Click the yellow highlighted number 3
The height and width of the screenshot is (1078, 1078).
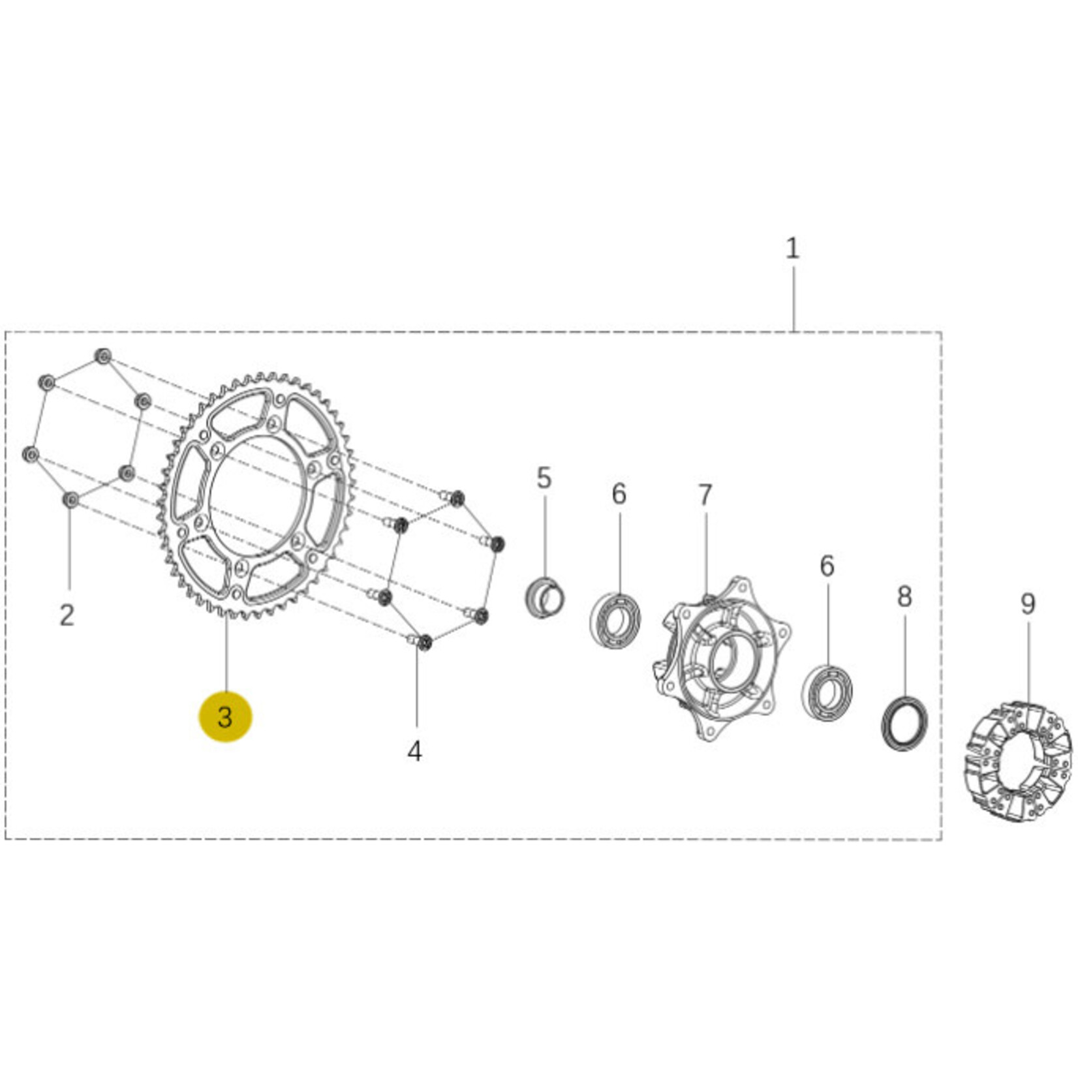click(224, 717)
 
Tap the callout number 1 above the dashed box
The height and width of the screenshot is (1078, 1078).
click(792, 248)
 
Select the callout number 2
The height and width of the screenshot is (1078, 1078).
click(67, 615)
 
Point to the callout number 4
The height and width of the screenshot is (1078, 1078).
click(414, 751)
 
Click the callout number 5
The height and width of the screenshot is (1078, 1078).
click(544, 478)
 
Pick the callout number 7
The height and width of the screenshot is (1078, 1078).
click(705, 496)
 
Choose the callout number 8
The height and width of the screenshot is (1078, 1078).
click(904, 596)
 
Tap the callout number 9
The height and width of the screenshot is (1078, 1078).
click(1028, 604)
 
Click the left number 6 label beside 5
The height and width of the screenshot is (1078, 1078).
click(619, 494)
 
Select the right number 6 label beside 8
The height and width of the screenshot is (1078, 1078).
click(827, 566)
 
